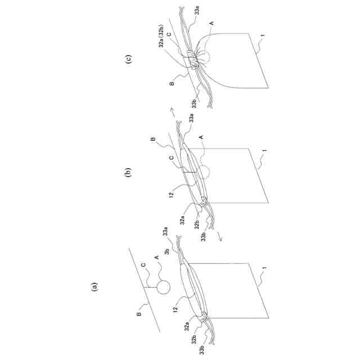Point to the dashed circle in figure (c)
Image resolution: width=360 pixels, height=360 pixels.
click(x=205, y=58)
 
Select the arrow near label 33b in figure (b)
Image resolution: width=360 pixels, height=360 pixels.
click(x=220, y=237)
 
